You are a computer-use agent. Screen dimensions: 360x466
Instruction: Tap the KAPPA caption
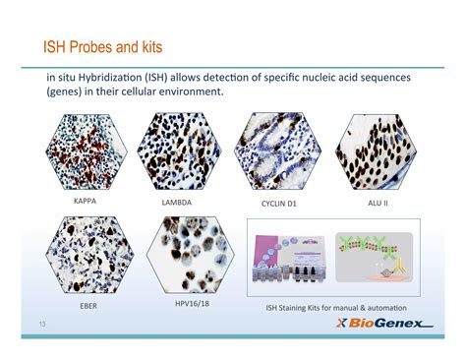tap(90, 201)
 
